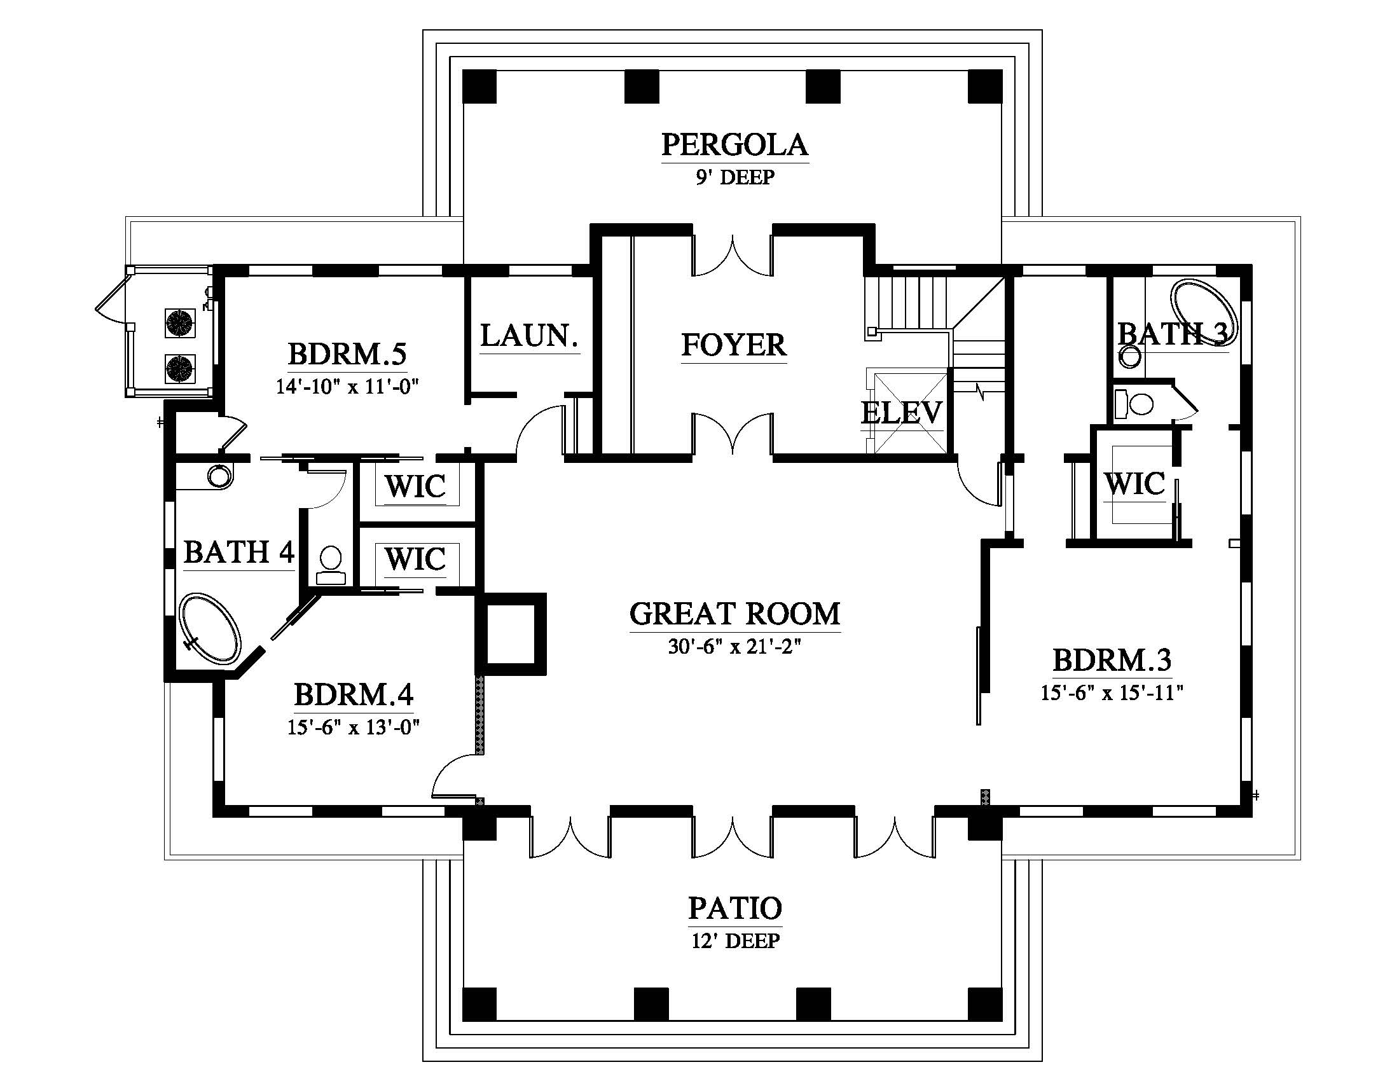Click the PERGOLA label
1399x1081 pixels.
(x=734, y=145)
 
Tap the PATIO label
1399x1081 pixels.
(x=735, y=908)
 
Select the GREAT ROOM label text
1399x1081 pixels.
(x=734, y=614)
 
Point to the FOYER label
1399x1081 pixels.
(x=733, y=345)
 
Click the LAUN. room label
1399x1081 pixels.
(x=530, y=336)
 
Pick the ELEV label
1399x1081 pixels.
(x=901, y=413)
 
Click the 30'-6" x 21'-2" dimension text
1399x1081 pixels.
(x=734, y=647)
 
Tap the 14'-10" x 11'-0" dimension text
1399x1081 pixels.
(x=347, y=387)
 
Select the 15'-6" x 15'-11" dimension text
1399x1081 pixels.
(x=1112, y=693)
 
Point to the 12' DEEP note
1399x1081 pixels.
(x=735, y=940)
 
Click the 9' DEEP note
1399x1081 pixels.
(x=735, y=177)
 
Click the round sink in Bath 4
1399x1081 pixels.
(x=220, y=476)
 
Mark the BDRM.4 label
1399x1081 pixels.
(x=354, y=695)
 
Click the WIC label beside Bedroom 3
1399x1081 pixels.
(x=1134, y=484)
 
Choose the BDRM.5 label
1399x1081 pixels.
(x=347, y=354)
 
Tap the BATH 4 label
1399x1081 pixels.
(x=239, y=552)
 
